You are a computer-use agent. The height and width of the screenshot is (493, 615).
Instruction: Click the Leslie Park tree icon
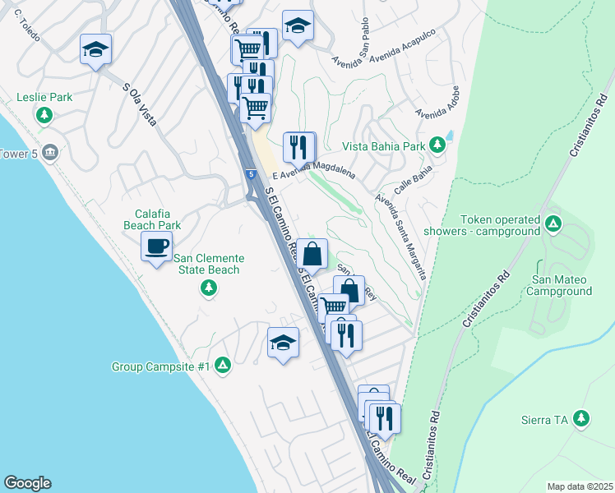point(44,115)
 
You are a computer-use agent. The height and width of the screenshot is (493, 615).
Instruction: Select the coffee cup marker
point(156,245)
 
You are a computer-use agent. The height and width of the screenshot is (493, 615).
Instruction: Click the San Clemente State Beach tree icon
point(209,288)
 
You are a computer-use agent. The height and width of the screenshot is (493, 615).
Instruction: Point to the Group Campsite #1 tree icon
point(222,366)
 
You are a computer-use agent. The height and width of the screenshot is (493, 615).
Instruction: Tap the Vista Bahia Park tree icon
point(437,145)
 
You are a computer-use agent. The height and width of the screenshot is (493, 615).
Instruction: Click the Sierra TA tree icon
point(582,419)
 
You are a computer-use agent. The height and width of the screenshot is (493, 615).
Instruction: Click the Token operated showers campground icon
point(553,223)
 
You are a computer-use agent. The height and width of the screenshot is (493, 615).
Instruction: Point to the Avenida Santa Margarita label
point(400,234)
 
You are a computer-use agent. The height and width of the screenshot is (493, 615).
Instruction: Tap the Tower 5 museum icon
point(49,153)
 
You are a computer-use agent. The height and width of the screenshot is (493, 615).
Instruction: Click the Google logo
point(27,483)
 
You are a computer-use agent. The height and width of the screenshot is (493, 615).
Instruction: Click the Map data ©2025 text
point(580,486)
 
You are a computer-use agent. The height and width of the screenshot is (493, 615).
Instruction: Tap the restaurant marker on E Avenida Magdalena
point(298,146)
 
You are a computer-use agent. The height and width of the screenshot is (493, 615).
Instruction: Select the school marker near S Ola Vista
point(95,48)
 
